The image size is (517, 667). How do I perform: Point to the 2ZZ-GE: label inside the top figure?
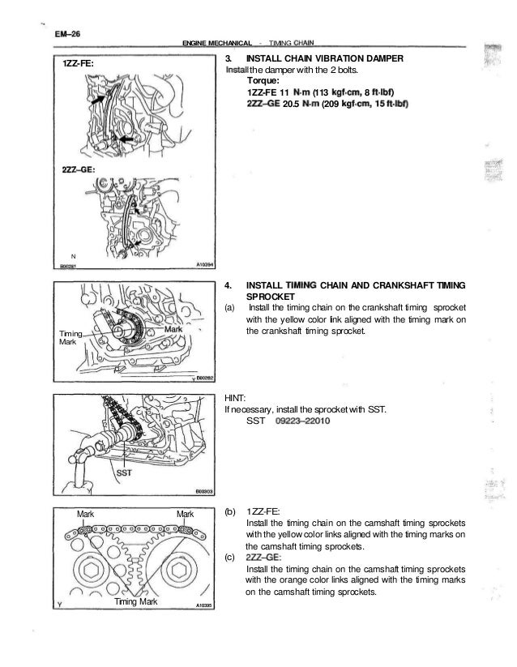pos(79,169)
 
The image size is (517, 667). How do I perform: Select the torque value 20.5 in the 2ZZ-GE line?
pos(291,105)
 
